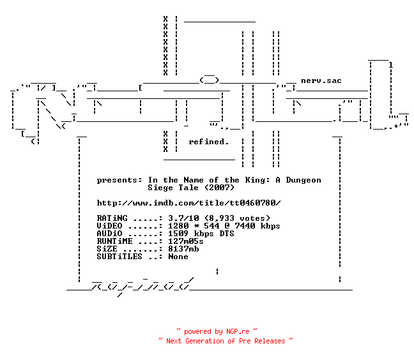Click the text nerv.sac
pyautogui.click(x=321, y=80)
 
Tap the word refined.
pyautogui.click(x=208, y=142)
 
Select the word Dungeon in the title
pyautogui.click(x=303, y=180)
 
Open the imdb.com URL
pyautogui.click(x=188, y=203)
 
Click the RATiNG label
pyautogui.click(x=112, y=218)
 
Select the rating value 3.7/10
pyautogui.click(x=183, y=218)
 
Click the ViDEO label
pyautogui.click(x=109, y=226)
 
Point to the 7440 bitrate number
pyautogui.click(x=245, y=226)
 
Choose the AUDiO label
pyautogui.click(x=109, y=234)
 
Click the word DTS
pyautogui.click(x=227, y=234)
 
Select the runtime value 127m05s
pyautogui.click(x=186, y=241)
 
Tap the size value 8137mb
pyautogui.click(x=183, y=249)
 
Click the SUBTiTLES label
pyautogui.click(x=119, y=257)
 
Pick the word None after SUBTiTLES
pyautogui.click(x=178, y=257)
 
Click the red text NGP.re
pyautogui.click(x=238, y=331)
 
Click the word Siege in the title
pyautogui.click(x=160, y=188)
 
